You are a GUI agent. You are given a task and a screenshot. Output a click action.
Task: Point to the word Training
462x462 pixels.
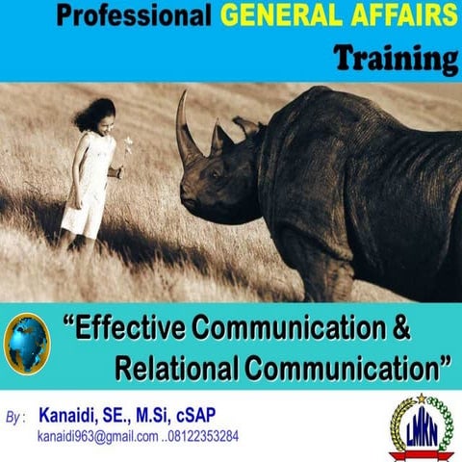(396, 59)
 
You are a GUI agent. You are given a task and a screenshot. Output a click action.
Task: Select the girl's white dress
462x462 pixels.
(88, 188)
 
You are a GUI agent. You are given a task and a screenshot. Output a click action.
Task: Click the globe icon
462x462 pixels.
(28, 343)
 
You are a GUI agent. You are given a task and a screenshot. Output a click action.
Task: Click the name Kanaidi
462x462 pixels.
(68, 416)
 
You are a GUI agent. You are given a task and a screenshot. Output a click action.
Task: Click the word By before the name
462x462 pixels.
(14, 420)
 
